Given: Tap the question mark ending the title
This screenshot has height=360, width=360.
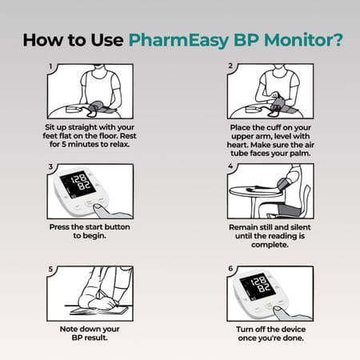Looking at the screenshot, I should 334,40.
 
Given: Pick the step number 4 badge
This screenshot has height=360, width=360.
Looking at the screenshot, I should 230,167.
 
